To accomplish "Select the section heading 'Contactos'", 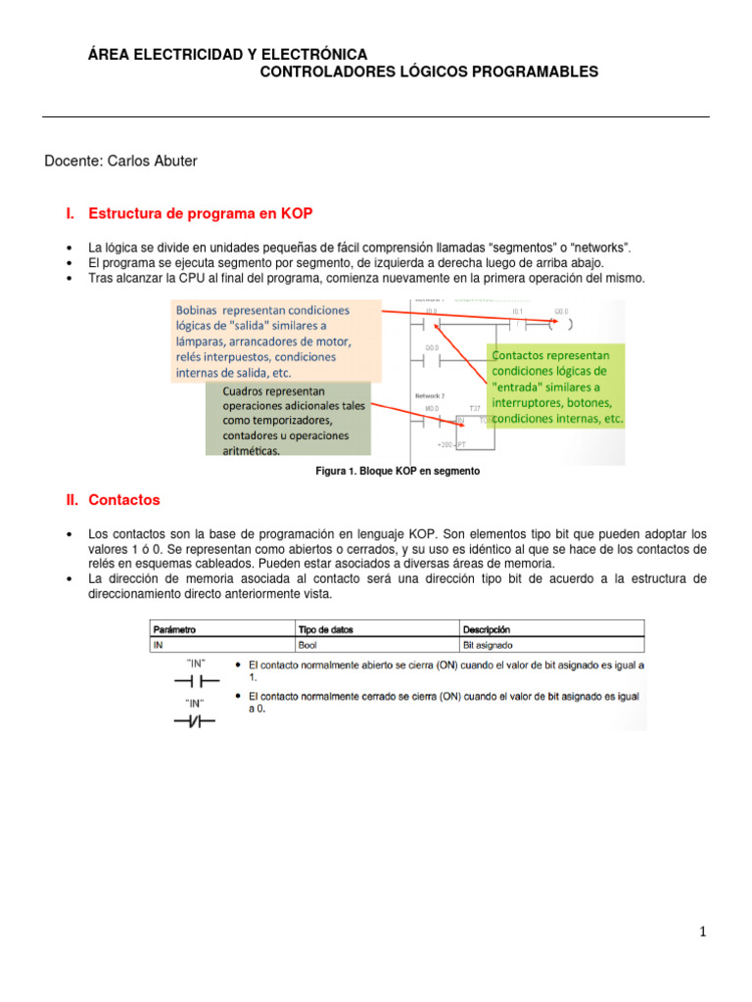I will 123,499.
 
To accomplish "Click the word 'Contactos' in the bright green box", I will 523,355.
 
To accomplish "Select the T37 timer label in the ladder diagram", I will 475,408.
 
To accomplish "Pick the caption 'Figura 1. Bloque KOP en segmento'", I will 397,472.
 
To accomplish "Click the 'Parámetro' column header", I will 174,629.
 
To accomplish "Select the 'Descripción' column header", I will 487,629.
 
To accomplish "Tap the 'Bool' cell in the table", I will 307,645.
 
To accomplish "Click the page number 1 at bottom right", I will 702,932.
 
